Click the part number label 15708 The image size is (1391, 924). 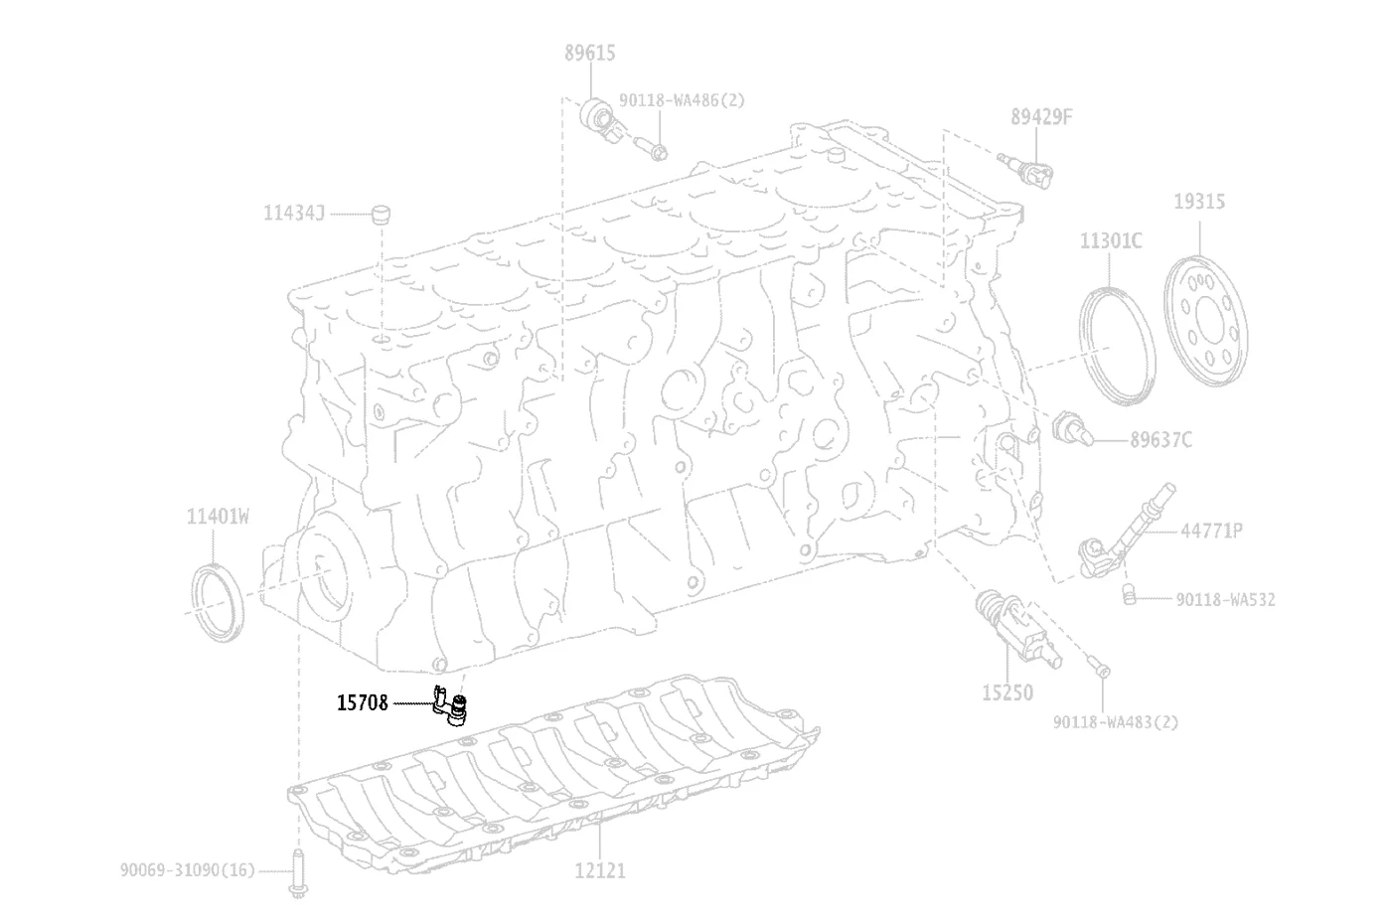click(362, 703)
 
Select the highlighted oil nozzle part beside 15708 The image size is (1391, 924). click(450, 704)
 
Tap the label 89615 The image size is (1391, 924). click(589, 54)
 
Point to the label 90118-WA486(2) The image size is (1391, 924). click(682, 100)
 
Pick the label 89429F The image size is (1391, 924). click(1041, 117)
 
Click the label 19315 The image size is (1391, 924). click(1198, 202)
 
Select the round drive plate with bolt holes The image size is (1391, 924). click(1205, 321)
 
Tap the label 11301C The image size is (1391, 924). click(1111, 240)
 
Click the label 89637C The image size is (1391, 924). click(1160, 439)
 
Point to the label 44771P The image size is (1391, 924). click(1211, 531)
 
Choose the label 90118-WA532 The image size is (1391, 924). click(1224, 599)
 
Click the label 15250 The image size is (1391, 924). click(1007, 693)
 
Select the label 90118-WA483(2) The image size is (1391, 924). click(1115, 722)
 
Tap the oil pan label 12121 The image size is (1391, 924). click(599, 870)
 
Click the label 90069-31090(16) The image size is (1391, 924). click(188, 870)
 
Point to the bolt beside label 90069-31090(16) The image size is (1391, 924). click(298, 873)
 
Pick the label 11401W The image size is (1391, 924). click(218, 517)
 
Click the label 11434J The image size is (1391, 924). click(294, 213)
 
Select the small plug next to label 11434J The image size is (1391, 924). click(381, 215)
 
